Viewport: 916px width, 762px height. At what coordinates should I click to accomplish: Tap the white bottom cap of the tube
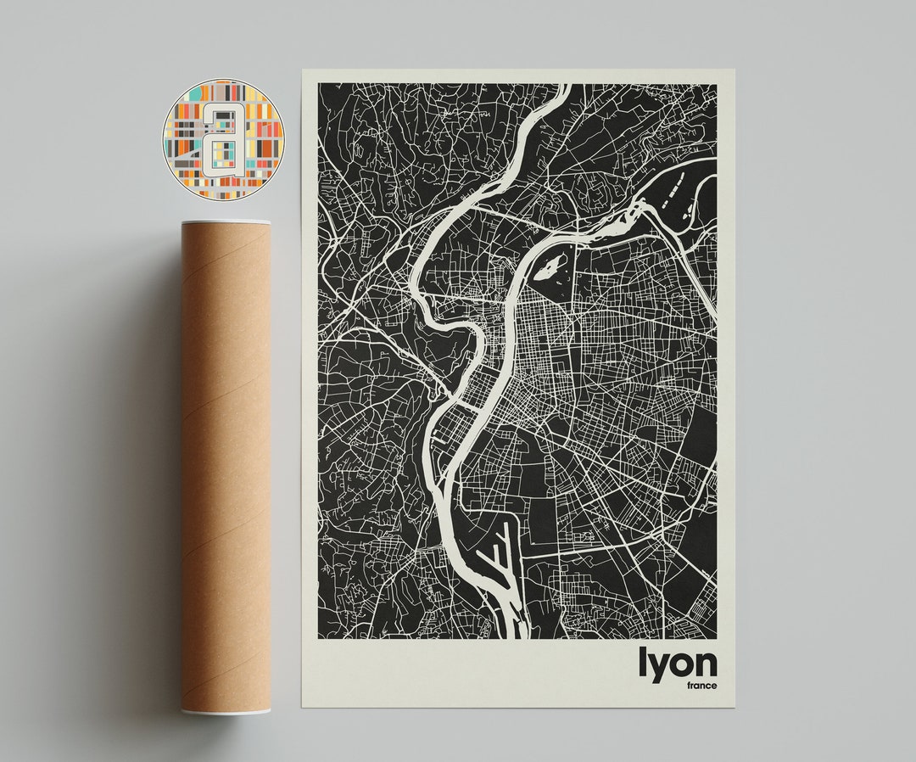[x=226, y=711]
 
